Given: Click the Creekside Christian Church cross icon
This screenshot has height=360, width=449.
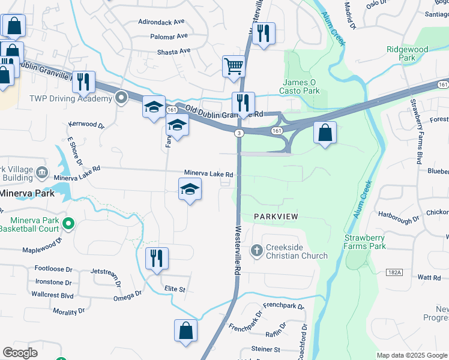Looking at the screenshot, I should pos(256,250).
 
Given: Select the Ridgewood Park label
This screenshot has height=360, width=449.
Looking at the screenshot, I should pos(408,53).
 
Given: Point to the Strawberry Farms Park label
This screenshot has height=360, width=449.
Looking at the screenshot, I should pos(373,242).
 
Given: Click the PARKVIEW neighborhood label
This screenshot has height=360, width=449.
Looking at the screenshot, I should pos(276,215).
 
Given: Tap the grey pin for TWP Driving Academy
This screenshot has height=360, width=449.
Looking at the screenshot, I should pos(122,97).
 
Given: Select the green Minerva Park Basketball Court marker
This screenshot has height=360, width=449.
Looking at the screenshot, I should pos(68,224).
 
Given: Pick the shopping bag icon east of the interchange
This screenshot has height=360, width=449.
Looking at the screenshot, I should pos(325,133).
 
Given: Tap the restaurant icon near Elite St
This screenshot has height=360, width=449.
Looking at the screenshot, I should pos(157,258).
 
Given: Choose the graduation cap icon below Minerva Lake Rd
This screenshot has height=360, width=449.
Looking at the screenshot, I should pos(190,190).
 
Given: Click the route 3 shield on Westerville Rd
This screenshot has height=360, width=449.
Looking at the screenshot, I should pos(239,133).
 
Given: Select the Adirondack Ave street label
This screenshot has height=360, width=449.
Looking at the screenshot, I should pos(161,22).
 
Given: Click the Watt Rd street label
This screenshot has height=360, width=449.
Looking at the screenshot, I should pos(429,277).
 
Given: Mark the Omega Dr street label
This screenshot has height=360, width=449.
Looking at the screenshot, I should pos(127,295).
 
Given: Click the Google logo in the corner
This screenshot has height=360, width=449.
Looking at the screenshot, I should pos(20,353).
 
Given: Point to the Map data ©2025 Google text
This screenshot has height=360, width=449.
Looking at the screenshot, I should pos(412,355).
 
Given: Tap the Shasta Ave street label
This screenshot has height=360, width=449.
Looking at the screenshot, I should pos(174,52).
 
